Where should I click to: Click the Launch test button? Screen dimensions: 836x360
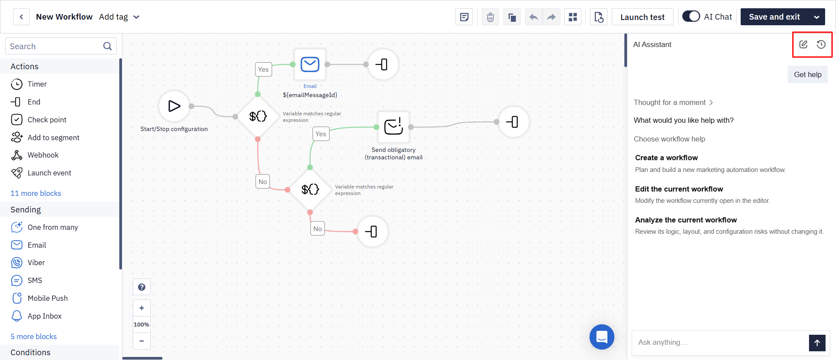point(642,17)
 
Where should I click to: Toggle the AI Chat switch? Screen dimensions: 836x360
point(691,17)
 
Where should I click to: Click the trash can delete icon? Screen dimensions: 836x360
point(490,17)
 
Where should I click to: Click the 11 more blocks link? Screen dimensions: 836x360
point(36,193)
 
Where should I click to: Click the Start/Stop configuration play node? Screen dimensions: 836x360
point(174,106)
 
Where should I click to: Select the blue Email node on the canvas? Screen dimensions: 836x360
point(310,64)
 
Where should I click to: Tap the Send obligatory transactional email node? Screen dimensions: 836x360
point(394,127)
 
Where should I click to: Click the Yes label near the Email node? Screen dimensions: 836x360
point(263,69)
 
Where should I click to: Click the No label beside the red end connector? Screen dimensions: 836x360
point(317,229)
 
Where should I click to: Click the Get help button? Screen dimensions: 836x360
point(808,74)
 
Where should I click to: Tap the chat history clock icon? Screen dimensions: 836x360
point(821,44)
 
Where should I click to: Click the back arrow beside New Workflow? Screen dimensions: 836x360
point(21,17)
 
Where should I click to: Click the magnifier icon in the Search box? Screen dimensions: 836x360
point(108,46)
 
